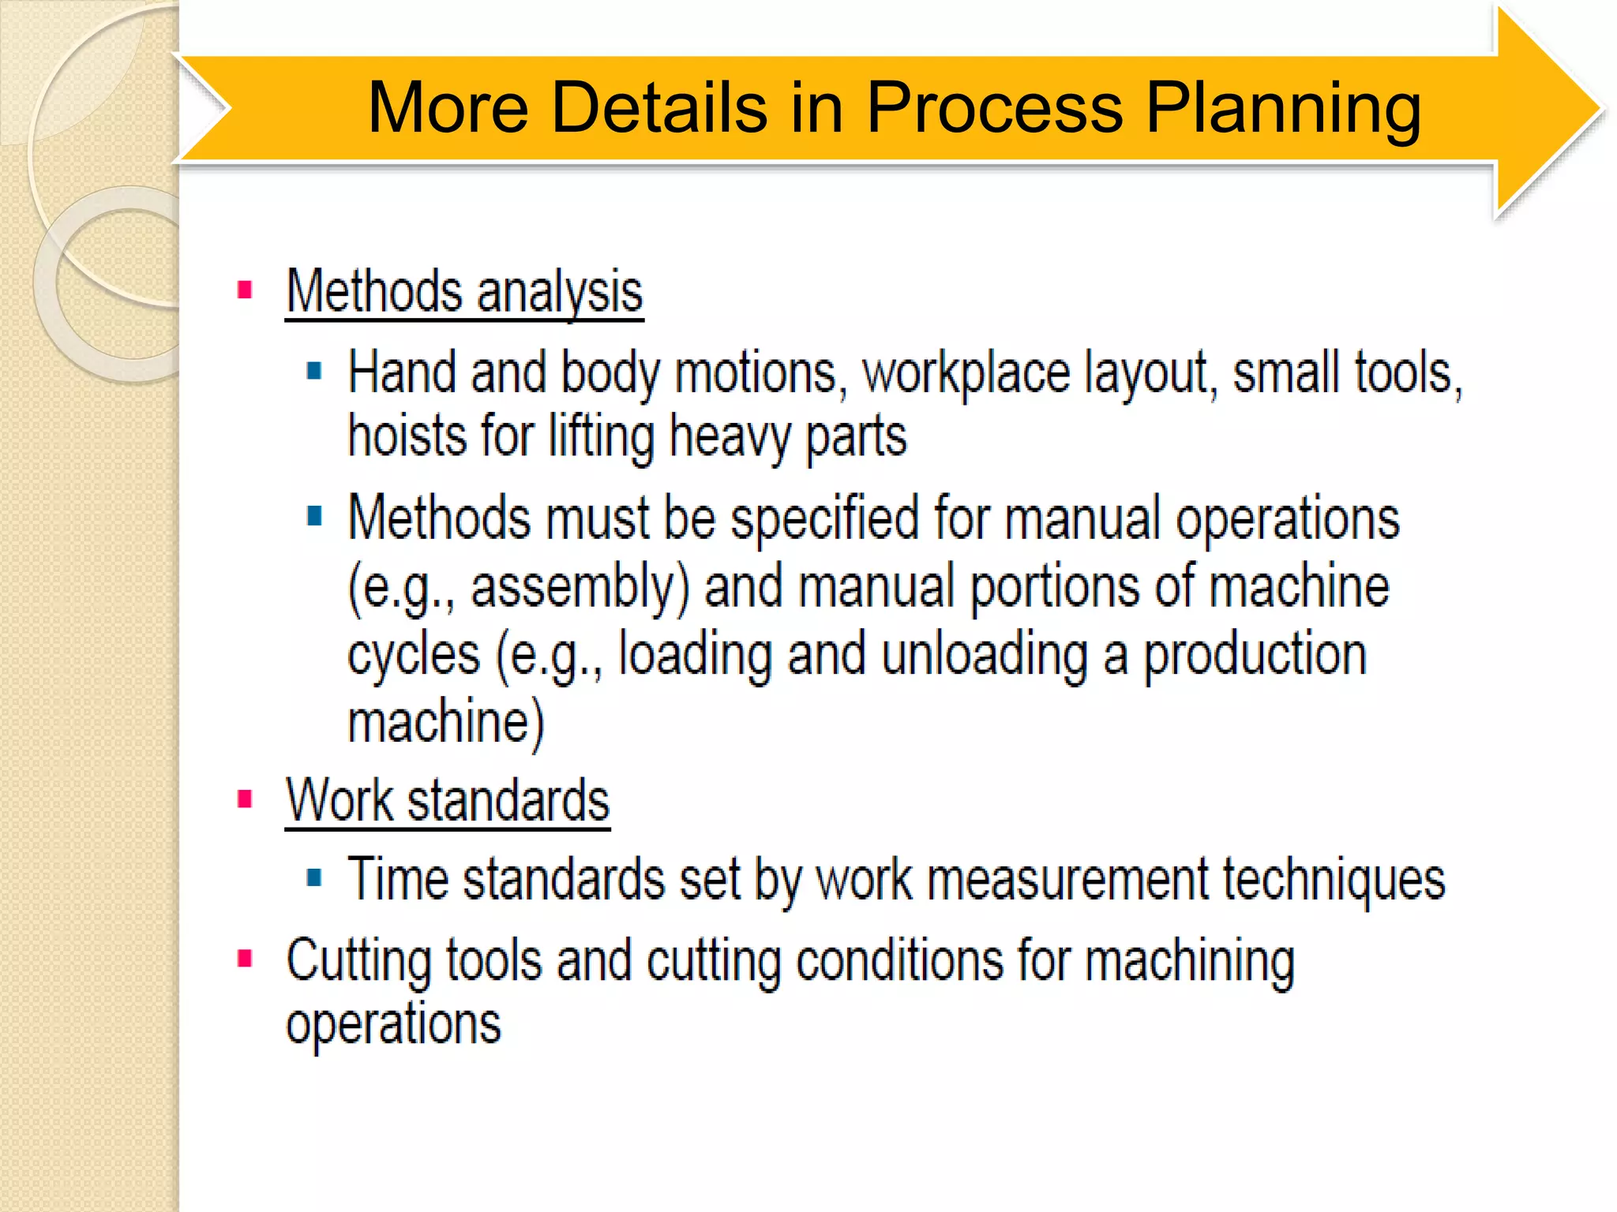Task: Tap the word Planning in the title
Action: (1283, 107)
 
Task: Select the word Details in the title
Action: (659, 107)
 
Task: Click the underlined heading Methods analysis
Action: (464, 292)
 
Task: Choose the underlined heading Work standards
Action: (448, 801)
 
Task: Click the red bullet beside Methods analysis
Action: (245, 290)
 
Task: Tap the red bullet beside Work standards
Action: (245, 799)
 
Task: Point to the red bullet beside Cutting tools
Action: (245, 959)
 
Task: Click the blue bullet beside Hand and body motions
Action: (314, 371)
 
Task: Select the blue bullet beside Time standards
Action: (314, 877)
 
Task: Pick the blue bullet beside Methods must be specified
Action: (314, 516)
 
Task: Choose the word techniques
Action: (1334, 881)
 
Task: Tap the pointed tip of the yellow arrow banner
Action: (1598, 109)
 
